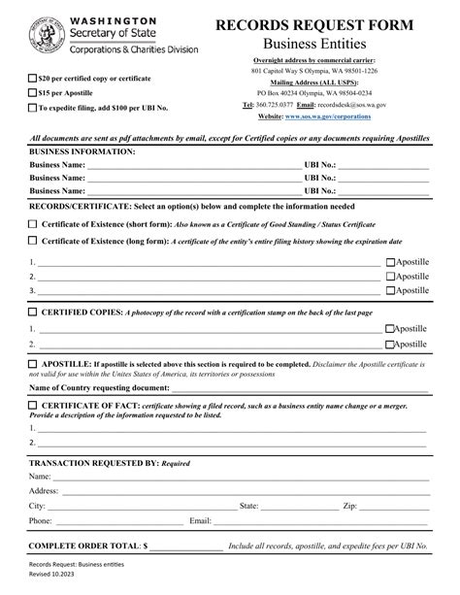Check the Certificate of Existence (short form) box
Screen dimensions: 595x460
click(33, 223)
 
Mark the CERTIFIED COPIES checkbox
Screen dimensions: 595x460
click(33, 313)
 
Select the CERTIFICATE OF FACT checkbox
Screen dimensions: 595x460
click(33, 405)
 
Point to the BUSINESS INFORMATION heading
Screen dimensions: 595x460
click(82, 152)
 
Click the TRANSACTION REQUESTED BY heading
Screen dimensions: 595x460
click(94, 463)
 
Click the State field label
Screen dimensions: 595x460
click(248, 506)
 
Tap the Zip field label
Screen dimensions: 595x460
click(350, 506)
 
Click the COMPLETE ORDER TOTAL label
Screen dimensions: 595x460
click(85, 546)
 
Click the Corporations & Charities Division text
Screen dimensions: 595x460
click(135, 49)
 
